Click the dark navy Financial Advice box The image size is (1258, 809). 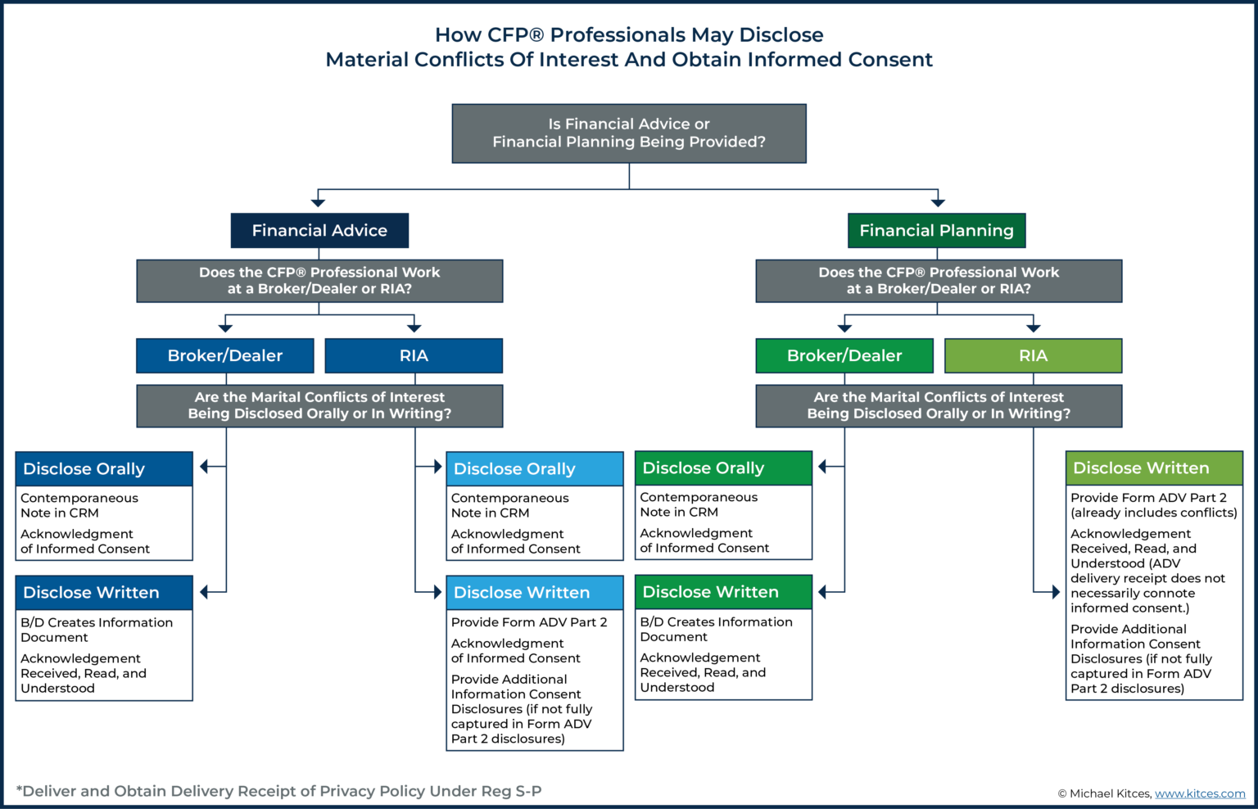[319, 231]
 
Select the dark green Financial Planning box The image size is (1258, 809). [936, 231]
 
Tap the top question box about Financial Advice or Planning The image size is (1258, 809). [629, 133]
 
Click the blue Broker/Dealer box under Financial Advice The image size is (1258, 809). [225, 356]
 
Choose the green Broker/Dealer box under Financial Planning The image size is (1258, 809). [844, 356]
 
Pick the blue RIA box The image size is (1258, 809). [414, 356]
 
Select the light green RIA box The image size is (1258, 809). [1033, 356]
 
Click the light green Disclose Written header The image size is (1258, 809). [1154, 468]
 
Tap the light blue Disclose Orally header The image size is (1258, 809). [535, 469]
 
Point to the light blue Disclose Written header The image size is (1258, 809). [535, 593]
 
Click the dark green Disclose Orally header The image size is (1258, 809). [723, 468]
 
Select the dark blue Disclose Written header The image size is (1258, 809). [104, 593]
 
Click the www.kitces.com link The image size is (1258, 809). [1200, 793]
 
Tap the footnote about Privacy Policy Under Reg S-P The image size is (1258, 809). [278, 791]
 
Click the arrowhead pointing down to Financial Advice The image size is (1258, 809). [319, 202]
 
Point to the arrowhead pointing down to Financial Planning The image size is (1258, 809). [938, 202]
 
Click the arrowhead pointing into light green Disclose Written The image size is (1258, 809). [1056, 592]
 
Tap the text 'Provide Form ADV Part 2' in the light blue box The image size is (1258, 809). [529, 622]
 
